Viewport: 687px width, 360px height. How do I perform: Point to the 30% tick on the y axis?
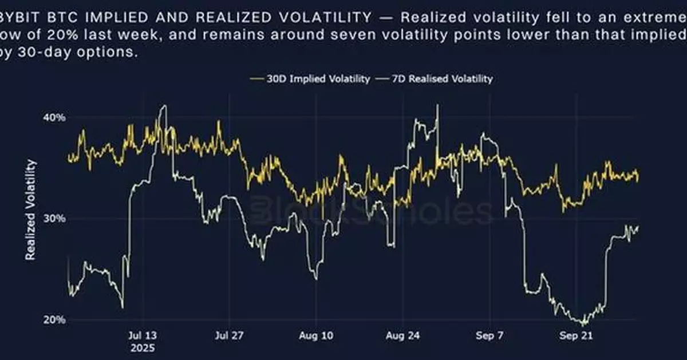click(55, 219)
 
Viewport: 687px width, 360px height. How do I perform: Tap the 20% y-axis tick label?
click(55, 320)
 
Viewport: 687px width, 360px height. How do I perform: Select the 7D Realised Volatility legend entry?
click(441, 79)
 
